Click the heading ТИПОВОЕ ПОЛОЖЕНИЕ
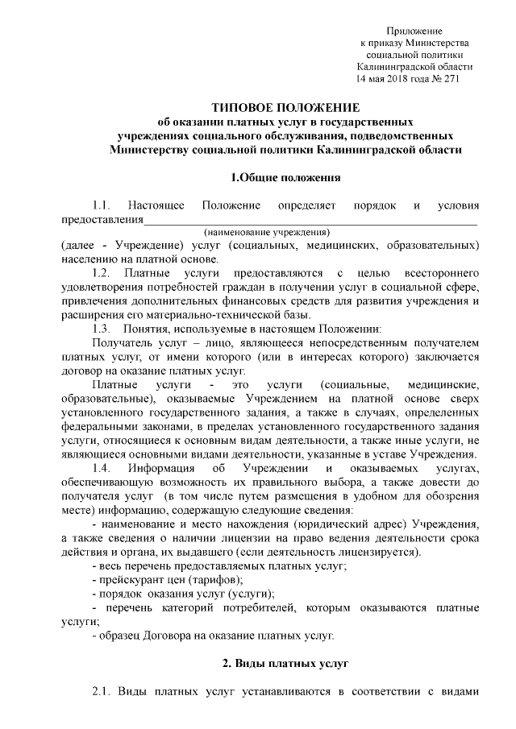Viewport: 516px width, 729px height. (285, 108)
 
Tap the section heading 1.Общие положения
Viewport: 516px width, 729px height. (285, 177)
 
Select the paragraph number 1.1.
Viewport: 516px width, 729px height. (104, 205)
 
